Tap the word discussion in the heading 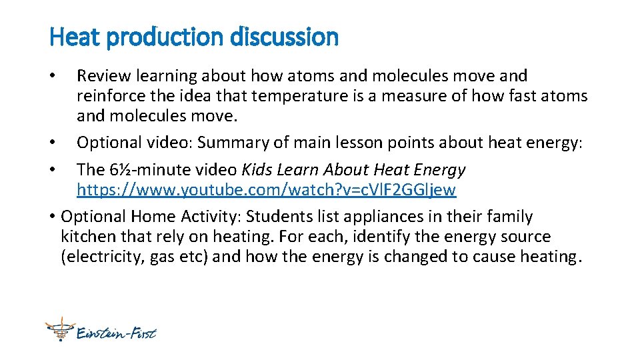285,37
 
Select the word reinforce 108,96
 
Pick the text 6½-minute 140,170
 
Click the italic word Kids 257,170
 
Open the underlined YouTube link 266,190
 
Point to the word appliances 382,217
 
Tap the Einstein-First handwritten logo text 116,331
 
